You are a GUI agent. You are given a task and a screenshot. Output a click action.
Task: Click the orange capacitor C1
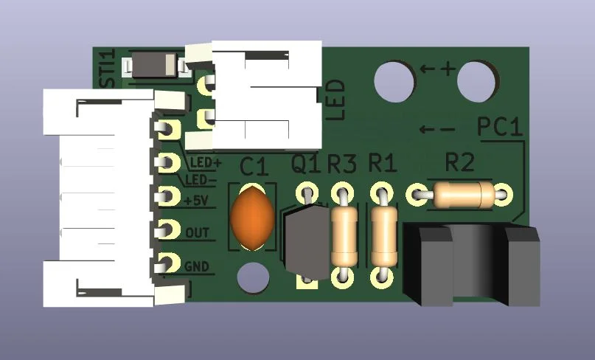252,217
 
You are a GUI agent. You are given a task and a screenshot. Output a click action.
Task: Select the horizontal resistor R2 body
464,195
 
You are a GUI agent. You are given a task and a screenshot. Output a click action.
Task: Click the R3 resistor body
344,235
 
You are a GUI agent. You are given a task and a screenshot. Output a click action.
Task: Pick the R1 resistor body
384,235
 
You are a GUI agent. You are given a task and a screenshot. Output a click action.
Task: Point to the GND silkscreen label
197,267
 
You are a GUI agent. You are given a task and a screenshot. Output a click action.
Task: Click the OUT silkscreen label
198,233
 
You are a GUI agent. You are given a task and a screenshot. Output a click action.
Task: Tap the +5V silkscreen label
196,200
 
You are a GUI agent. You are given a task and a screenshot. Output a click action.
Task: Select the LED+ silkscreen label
205,163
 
